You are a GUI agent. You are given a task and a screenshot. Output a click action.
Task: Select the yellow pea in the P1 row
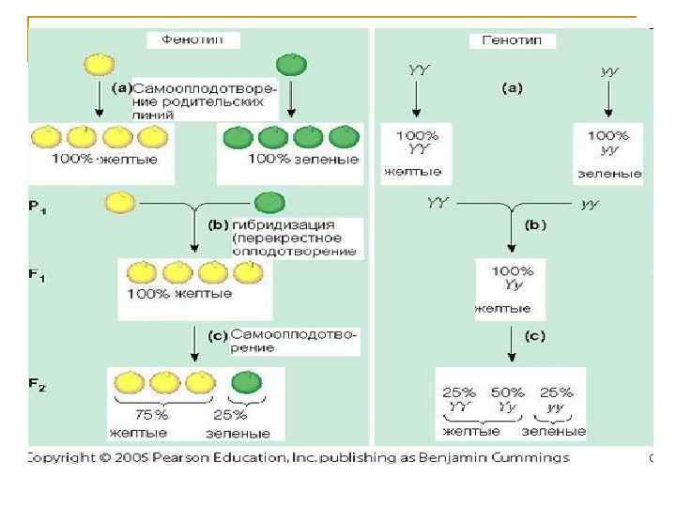click(120, 203)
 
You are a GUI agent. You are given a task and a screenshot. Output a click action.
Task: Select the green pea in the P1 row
click(270, 203)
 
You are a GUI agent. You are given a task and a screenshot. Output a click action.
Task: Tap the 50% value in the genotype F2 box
click(508, 393)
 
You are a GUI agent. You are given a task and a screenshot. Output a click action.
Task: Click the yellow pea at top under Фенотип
click(98, 64)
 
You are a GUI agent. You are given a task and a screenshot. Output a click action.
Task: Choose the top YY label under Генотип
click(419, 69)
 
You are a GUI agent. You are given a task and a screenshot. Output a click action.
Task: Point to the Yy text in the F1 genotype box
click(513, 284)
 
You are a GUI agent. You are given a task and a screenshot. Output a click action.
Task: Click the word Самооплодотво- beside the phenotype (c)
click(294, 334)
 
